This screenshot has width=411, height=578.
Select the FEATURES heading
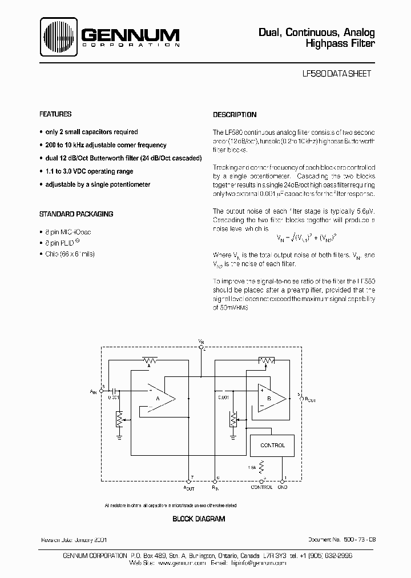(x=55, y=114)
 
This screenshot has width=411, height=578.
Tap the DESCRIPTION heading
(x=235, y=115)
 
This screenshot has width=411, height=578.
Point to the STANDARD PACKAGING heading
(x=76, y=214)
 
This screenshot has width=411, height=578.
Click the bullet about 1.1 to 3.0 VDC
(x=88, y=171)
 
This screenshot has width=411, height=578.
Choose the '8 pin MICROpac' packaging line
(x=67, y=232)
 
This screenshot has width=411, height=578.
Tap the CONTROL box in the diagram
(x=272, y=445)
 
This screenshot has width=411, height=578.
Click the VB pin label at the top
(x=201, y=341)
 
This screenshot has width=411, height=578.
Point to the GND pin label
(x=282, y=487)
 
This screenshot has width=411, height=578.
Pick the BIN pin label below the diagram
(x=215, y=487)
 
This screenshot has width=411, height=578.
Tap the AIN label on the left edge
(x=94, y=391)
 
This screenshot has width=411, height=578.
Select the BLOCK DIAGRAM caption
(x=199, y=519)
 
